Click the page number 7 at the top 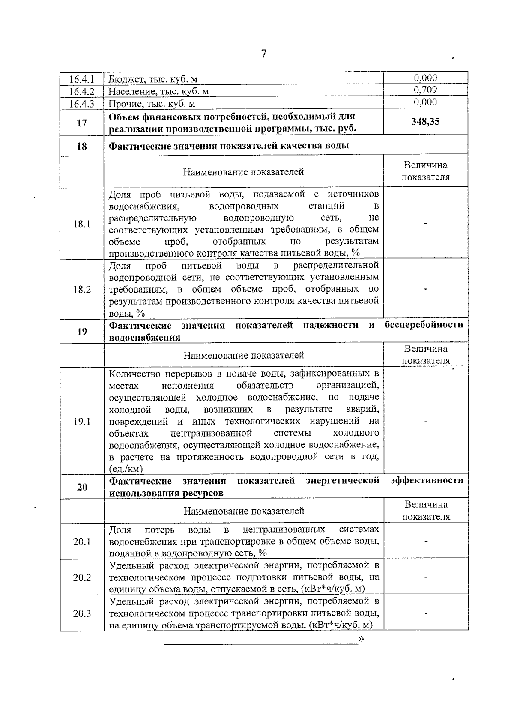263,54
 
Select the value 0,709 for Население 425,90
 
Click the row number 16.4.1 82,79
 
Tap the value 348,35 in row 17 425,121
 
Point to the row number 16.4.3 82,104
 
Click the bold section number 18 82,146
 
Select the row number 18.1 82,224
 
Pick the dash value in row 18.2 426,290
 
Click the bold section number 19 82,332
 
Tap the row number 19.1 82,422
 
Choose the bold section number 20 82,487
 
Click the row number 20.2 82,577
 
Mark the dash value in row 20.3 426,613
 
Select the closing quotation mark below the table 361,639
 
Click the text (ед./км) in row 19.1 126,469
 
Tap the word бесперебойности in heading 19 424,325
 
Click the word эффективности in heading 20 427,480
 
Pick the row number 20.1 82,542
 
